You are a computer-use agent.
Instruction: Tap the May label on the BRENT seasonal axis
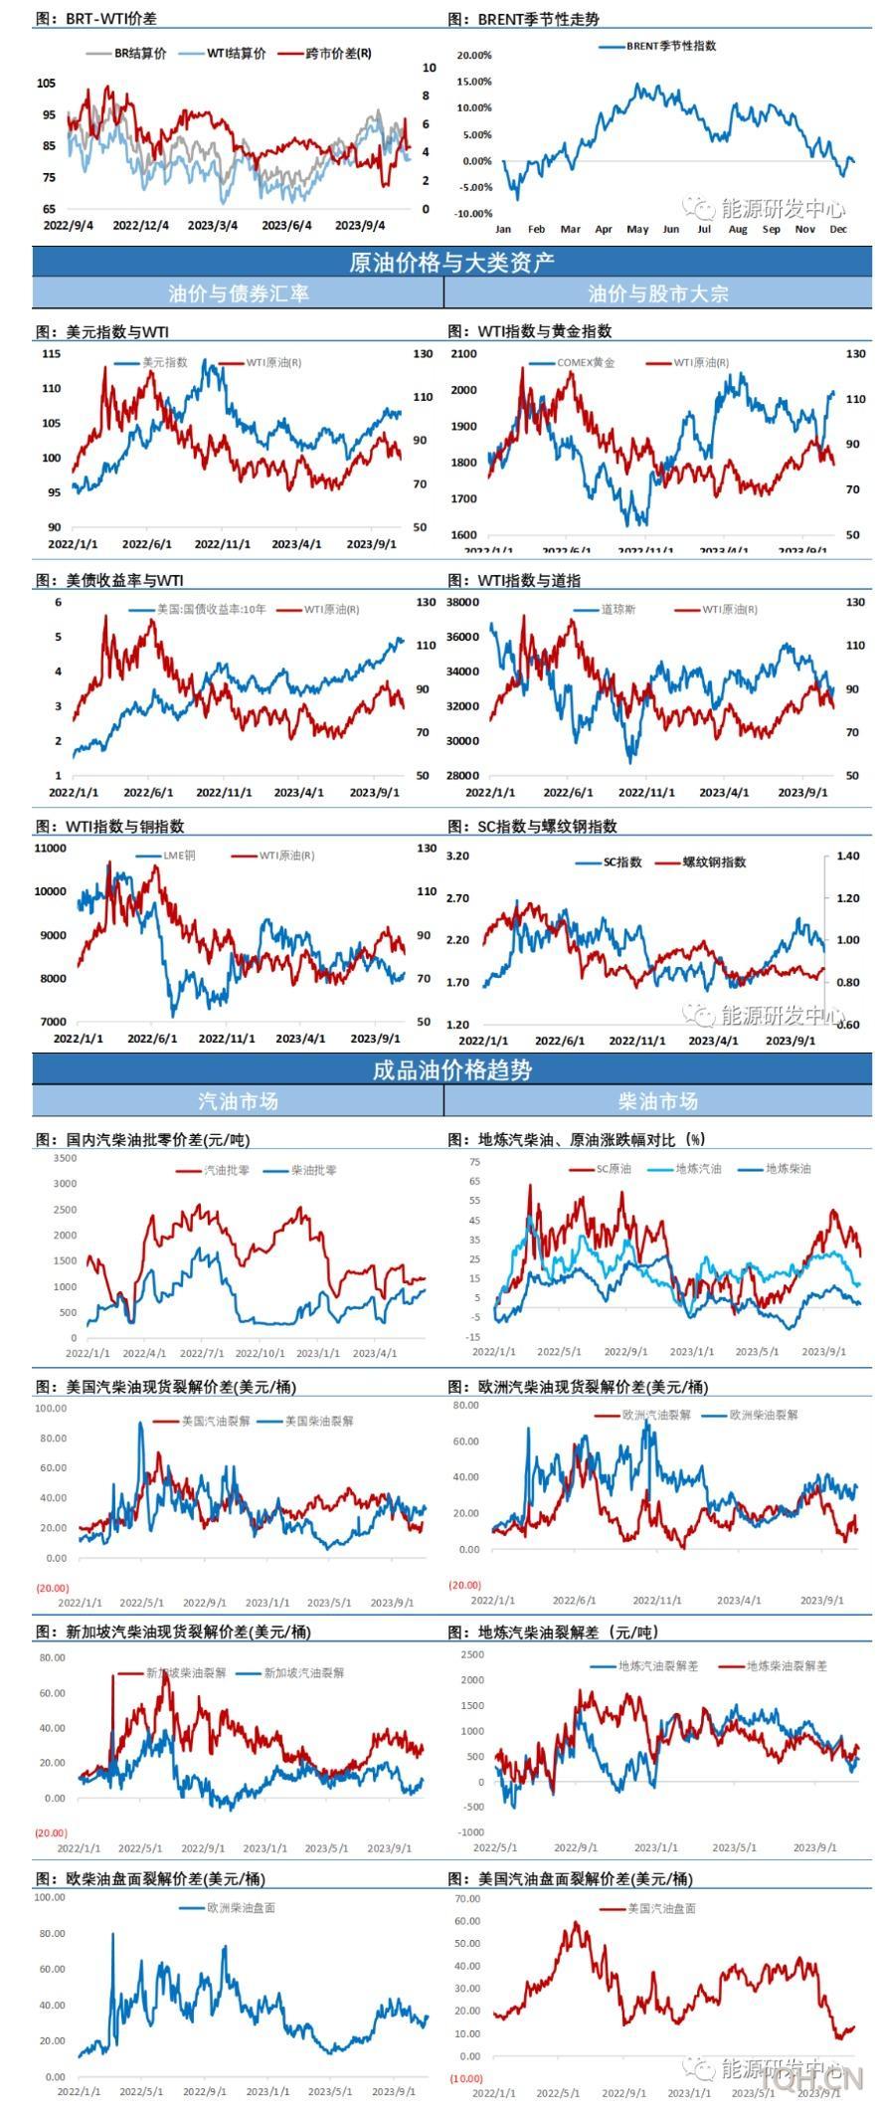pos(637,229)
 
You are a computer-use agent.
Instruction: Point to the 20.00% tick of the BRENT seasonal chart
pos(474,56)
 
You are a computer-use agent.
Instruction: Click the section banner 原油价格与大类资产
pos(451,263)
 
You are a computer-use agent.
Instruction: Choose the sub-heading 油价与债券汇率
pos(239,293)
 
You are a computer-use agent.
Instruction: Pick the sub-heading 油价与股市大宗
pos(658,293)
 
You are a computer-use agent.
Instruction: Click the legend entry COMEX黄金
pos(586,363)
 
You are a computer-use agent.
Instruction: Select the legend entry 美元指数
pos(165,363)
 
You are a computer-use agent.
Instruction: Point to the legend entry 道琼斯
pos(618,609)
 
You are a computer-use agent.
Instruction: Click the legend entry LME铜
pos(179,856)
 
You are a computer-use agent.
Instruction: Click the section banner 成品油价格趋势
pos(451,1070)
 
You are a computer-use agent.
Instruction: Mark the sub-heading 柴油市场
pos(658,1101)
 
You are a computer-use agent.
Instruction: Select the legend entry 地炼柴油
pos(788,1169)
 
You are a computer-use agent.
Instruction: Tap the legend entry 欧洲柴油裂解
pos(764,1415)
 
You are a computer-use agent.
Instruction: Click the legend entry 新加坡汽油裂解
pos(303,1673)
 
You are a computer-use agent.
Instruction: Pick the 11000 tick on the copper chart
pos(51,849)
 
